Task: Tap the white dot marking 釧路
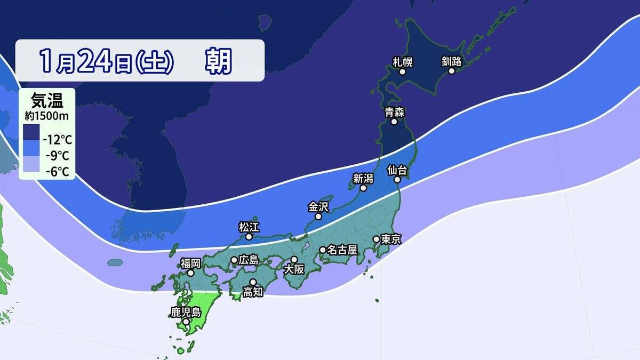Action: pos(451,71)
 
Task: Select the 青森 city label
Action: pos(394,112)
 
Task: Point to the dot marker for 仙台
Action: pos(397,180)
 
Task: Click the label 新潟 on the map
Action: pos(363,178)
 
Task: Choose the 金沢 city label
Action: pos(318,206)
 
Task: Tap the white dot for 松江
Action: pos(249,236)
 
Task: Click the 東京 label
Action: pos(391,239)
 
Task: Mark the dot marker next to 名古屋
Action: pos(323,250)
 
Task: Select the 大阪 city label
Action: pos(294,269)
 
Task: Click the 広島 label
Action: pos(249,260)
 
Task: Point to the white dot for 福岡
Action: pos(190,273)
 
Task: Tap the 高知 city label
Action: pos(253,292)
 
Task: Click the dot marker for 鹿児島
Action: pos(186,322)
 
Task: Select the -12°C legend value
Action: pos(58,141)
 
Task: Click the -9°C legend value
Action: pos(58,156)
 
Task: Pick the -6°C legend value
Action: pos(58,171)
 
